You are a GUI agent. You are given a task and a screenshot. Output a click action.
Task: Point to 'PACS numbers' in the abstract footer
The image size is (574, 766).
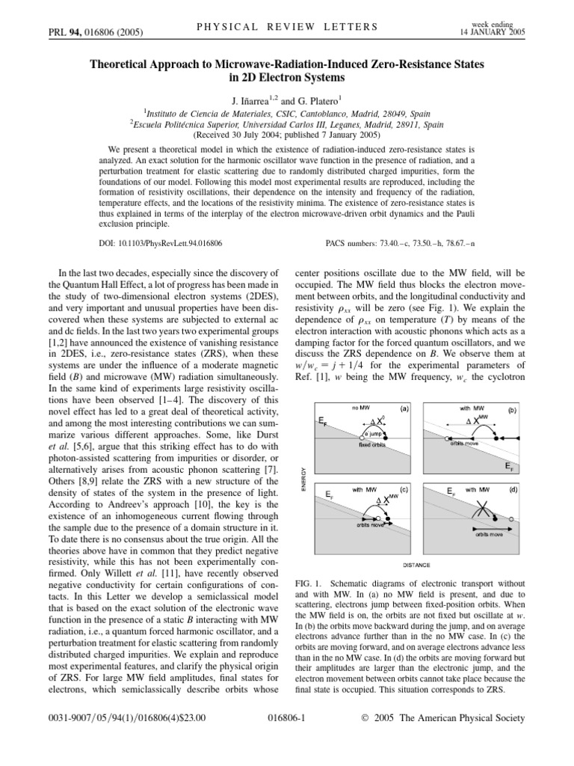357,244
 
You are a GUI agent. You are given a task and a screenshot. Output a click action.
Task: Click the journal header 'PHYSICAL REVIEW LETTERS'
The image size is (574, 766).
286,28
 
